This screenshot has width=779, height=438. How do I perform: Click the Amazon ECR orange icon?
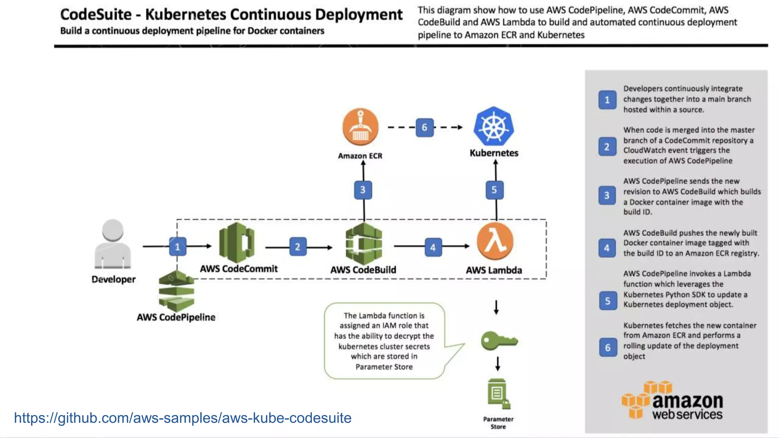pos(360,127)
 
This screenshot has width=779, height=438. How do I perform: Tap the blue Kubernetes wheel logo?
pos(494,126)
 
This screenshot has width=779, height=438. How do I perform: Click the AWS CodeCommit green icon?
pos(237,243)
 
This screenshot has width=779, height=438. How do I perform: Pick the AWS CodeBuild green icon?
pos(364,244)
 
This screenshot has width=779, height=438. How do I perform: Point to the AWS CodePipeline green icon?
pos(176,291)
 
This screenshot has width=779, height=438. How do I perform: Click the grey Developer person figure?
pos(113,244)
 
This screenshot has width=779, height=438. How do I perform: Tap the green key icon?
pos(498,340)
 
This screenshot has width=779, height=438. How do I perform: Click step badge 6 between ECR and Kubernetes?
pos(424,127)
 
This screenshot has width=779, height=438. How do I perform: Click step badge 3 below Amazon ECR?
pos(363,190)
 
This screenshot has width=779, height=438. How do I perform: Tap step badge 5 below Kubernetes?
pos(494,190)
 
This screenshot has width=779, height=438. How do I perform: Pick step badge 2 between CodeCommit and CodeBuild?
pos(297,247)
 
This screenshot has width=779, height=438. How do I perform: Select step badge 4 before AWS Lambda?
pos(433,248)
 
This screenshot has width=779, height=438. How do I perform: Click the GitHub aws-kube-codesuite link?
pos(183,418)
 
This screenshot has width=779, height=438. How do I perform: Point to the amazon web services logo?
pos(672,401)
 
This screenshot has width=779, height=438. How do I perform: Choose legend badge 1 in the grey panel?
pos(607,100)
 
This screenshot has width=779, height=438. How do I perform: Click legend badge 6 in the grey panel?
pos(608,348)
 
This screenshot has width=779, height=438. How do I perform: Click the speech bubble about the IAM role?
pos(384,341)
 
